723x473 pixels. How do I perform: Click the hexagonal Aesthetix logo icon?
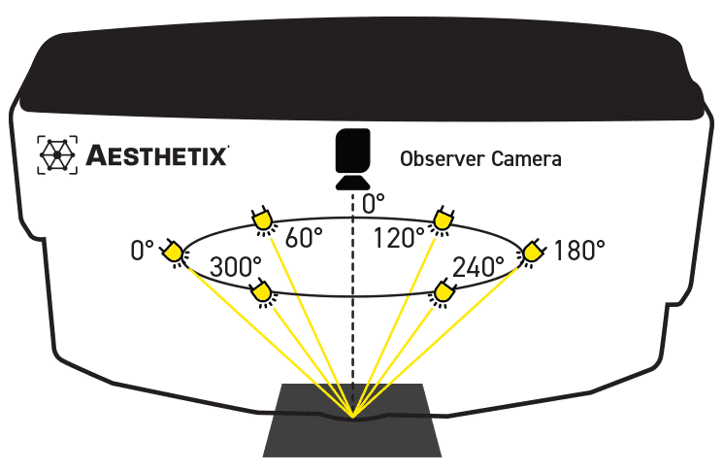pyautogui.click(x=57, y=155)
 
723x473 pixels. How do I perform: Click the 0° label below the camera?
pyautogui.click(x=374, y=204)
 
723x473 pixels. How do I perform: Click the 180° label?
pyautogui.click(x=579, y=251)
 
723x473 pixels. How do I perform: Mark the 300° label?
pyautogui.click(x=237, y=265)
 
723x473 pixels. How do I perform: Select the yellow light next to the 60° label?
pyautogui.click(x=262, y=221)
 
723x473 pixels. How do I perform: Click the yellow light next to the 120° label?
pyautogui.click(x=443, y=221)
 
